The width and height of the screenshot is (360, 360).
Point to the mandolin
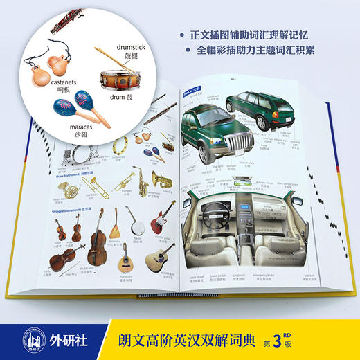(125, 260)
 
